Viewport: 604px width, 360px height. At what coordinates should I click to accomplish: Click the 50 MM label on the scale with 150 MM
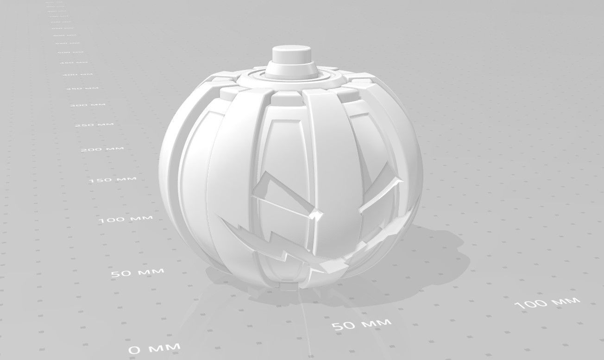138,272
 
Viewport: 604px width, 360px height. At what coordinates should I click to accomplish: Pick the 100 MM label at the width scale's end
547,303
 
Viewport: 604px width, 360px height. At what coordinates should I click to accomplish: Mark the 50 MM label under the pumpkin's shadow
362,323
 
